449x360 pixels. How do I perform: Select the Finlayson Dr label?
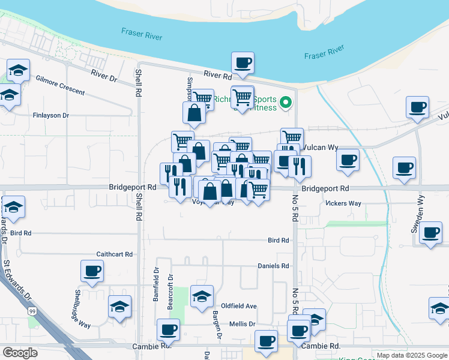(51, 115)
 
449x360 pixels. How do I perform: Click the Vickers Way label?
(343, 203)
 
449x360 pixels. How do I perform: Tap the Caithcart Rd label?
(114, 254)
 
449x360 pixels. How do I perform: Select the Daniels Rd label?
(273, 266)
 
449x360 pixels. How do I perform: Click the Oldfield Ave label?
(239, 306)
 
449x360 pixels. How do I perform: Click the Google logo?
(20, 353)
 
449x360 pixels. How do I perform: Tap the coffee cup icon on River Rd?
(243, 63)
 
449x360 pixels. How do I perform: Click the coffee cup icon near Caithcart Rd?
(92, 271)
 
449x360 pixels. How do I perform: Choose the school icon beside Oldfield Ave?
(202, 296)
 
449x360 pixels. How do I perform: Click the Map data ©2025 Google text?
(411, 355)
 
